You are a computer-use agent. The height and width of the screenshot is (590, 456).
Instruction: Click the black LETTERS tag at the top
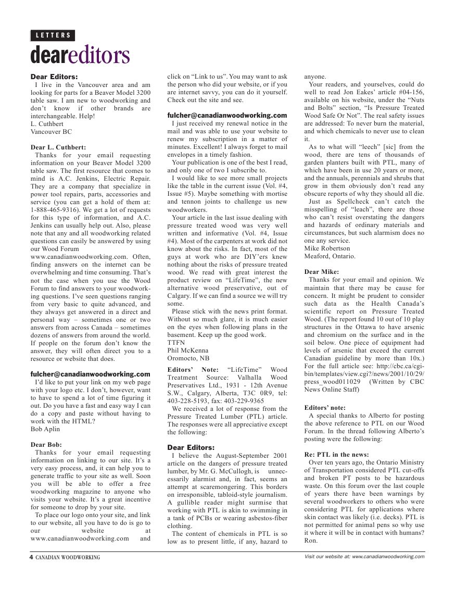53,35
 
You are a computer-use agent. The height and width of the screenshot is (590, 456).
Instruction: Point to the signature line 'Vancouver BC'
52,132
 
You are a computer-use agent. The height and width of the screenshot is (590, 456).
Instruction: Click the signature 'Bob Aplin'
45,429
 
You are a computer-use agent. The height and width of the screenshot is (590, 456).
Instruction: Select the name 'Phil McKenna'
188,350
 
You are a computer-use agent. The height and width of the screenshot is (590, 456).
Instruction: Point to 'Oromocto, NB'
188,358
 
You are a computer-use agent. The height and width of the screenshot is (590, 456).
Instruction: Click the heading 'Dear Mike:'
321,272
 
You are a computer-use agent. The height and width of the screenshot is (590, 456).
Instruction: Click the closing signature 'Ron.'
310,541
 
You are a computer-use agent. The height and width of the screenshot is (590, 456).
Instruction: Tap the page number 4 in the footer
31,557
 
